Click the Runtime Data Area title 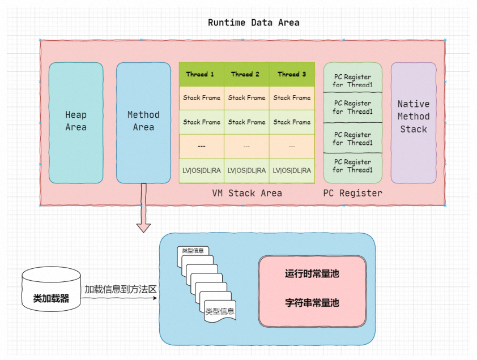(253, 23)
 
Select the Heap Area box (76, 123)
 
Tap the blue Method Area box (143, 123)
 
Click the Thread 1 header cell (202, 75)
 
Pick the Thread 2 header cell (246, 75)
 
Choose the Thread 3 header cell (292, 75)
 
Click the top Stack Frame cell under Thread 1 (202, 98)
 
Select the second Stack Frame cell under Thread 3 (292, 122)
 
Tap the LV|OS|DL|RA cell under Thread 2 (246, 170)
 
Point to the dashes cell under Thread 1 (202, 146)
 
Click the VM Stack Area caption (247, 193)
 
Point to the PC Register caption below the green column (353, 193)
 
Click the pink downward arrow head (143, 228)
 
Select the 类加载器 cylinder (51, 289)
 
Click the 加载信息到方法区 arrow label (121, 289)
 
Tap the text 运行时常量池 (312, 273)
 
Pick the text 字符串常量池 (312, 303)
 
